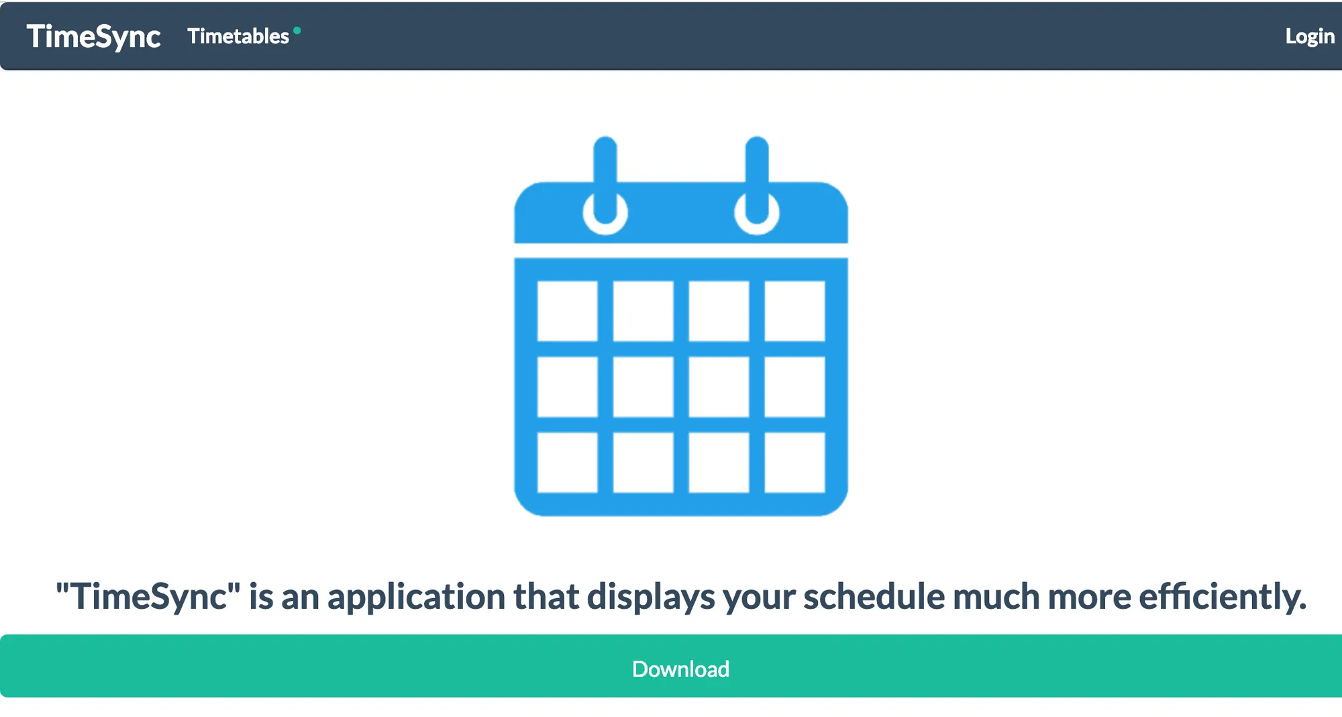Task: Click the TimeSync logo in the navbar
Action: click(93, 36)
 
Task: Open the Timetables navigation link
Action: click(238, 36)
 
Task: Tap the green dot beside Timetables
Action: click(297, 30)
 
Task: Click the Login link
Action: click(1310, 36)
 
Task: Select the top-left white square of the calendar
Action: click(568, 311)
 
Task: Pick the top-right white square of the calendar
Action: click(795, 311)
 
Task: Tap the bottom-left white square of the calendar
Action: click(568, 463)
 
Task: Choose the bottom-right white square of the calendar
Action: click(795, 463)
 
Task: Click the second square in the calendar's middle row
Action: click(643, 387)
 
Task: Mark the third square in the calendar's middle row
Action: click(719, 387)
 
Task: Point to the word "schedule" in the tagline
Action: click(874, 596)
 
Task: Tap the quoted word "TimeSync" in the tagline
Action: click(148, 596)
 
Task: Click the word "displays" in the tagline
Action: click(651, 597)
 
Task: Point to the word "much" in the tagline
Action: click(996, 596)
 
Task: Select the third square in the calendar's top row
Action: click(719, 311)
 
